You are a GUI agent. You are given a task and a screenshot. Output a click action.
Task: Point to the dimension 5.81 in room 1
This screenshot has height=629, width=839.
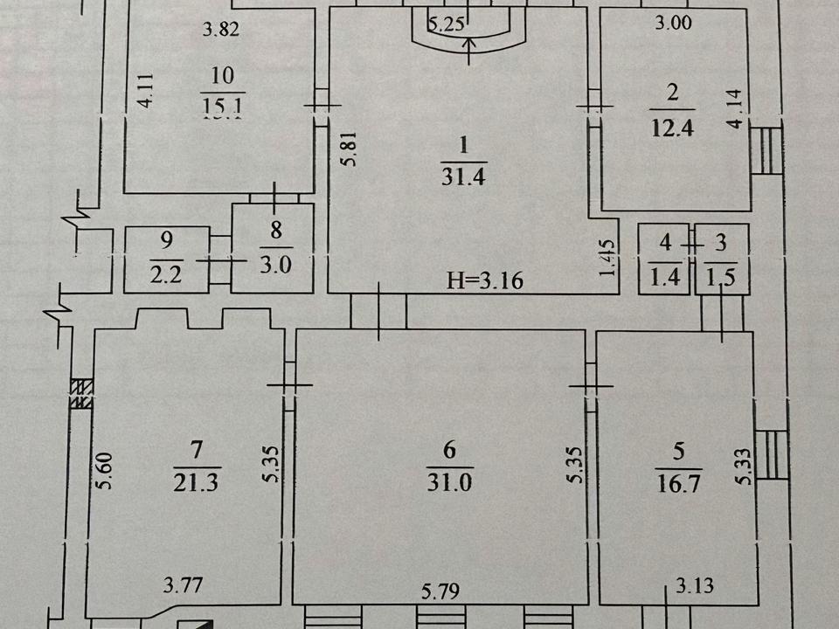349,149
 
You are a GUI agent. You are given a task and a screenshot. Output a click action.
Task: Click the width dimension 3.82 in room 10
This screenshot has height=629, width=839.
221,30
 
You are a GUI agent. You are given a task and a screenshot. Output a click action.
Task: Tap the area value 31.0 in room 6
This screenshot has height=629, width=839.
450,480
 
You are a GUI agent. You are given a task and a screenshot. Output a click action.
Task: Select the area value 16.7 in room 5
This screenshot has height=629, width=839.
677,480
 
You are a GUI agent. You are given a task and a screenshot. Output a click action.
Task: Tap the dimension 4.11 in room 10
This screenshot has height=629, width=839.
149,90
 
